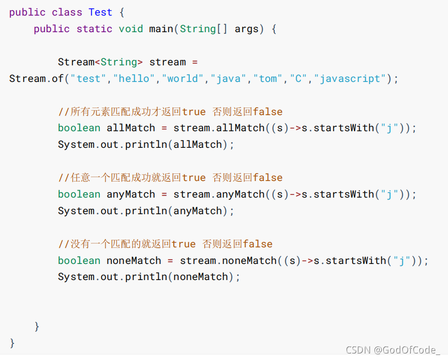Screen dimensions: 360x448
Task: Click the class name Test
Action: [x=100, y=12]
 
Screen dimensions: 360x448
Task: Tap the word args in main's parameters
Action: [x=246, y=29]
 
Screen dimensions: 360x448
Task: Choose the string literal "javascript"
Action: [x=352, y=78]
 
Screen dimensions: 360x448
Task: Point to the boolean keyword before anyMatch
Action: [x=79, y=194]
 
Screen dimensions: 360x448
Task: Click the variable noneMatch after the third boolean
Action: [x=134, y=260]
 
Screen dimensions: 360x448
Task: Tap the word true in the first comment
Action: [x=194, y=112]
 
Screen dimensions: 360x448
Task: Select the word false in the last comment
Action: [x=258, y=244]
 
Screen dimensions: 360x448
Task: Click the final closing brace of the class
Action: [x=13, y=343]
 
